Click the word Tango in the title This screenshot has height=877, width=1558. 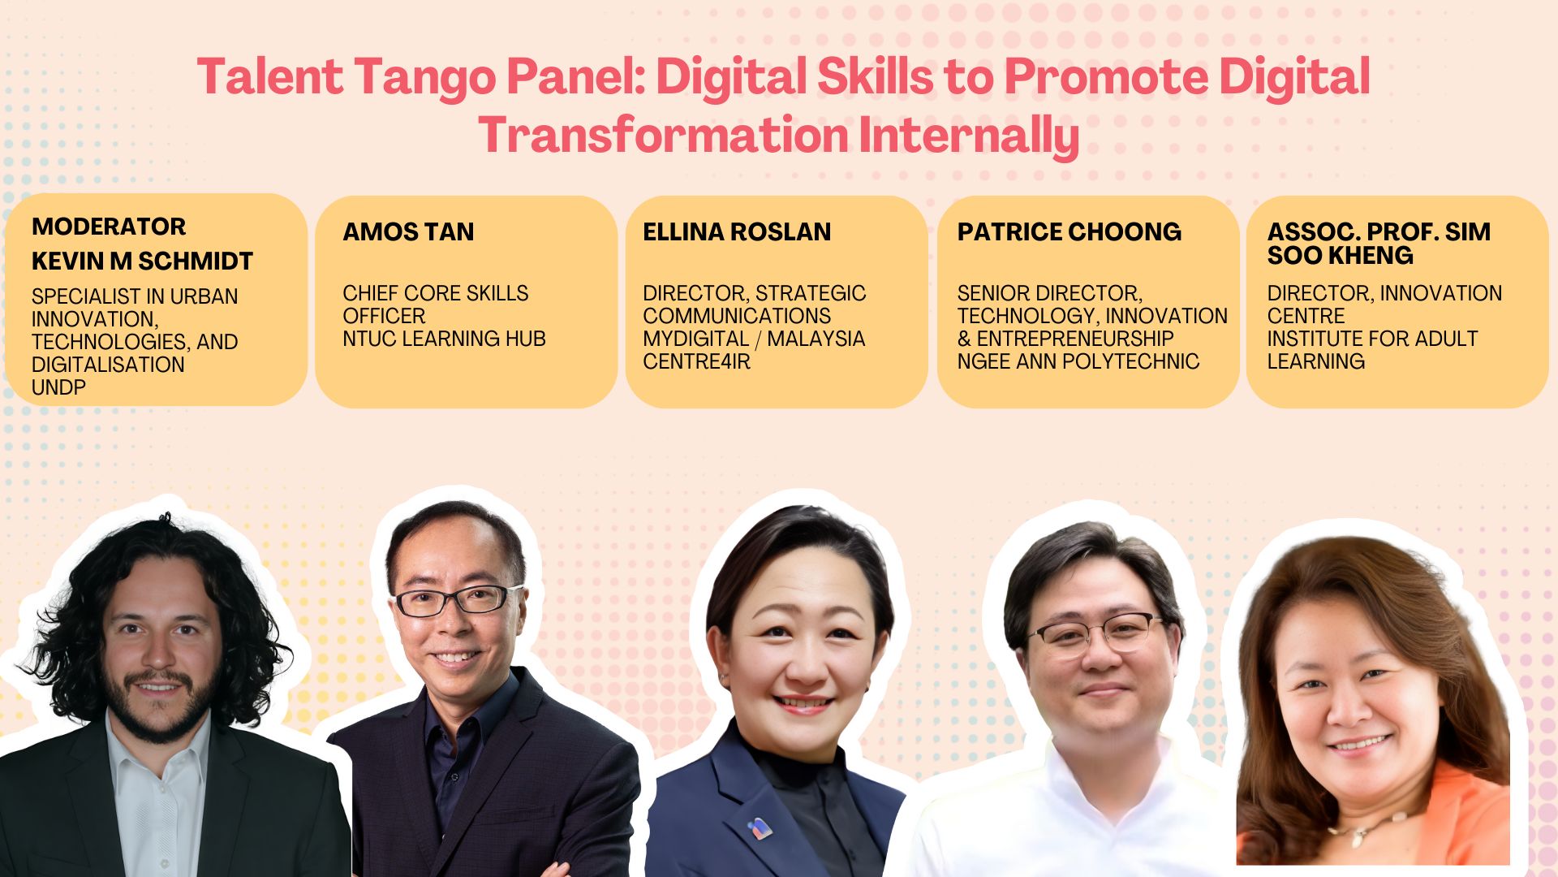(x=424, y=78)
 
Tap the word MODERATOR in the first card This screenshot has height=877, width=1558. (x=109, y=227)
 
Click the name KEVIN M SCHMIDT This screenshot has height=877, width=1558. (x=142, y=261)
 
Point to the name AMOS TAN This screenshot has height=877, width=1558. (x=408, y=232)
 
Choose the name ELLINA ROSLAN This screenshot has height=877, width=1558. (x=737, y=232)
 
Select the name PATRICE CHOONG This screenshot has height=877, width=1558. (x=1069, y=232)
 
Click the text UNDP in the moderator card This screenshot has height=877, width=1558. (x=58, y=388)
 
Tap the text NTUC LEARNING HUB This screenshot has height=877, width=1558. (x=444, y=339)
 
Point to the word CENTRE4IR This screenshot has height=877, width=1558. (x=696, y=361)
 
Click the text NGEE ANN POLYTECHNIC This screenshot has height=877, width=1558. (x=1078, y=361)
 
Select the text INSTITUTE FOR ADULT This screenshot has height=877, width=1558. (x=1372, y=339)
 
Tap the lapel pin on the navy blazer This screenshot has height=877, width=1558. (x=759, y=828)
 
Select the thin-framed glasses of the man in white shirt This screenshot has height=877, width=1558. (x=1097, y=633)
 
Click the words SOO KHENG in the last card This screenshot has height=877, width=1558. (x=1340, y=256)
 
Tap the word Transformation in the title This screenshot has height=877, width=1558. (x=663, y=136)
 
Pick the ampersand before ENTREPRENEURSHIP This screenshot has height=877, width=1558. (x=964, y=339)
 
